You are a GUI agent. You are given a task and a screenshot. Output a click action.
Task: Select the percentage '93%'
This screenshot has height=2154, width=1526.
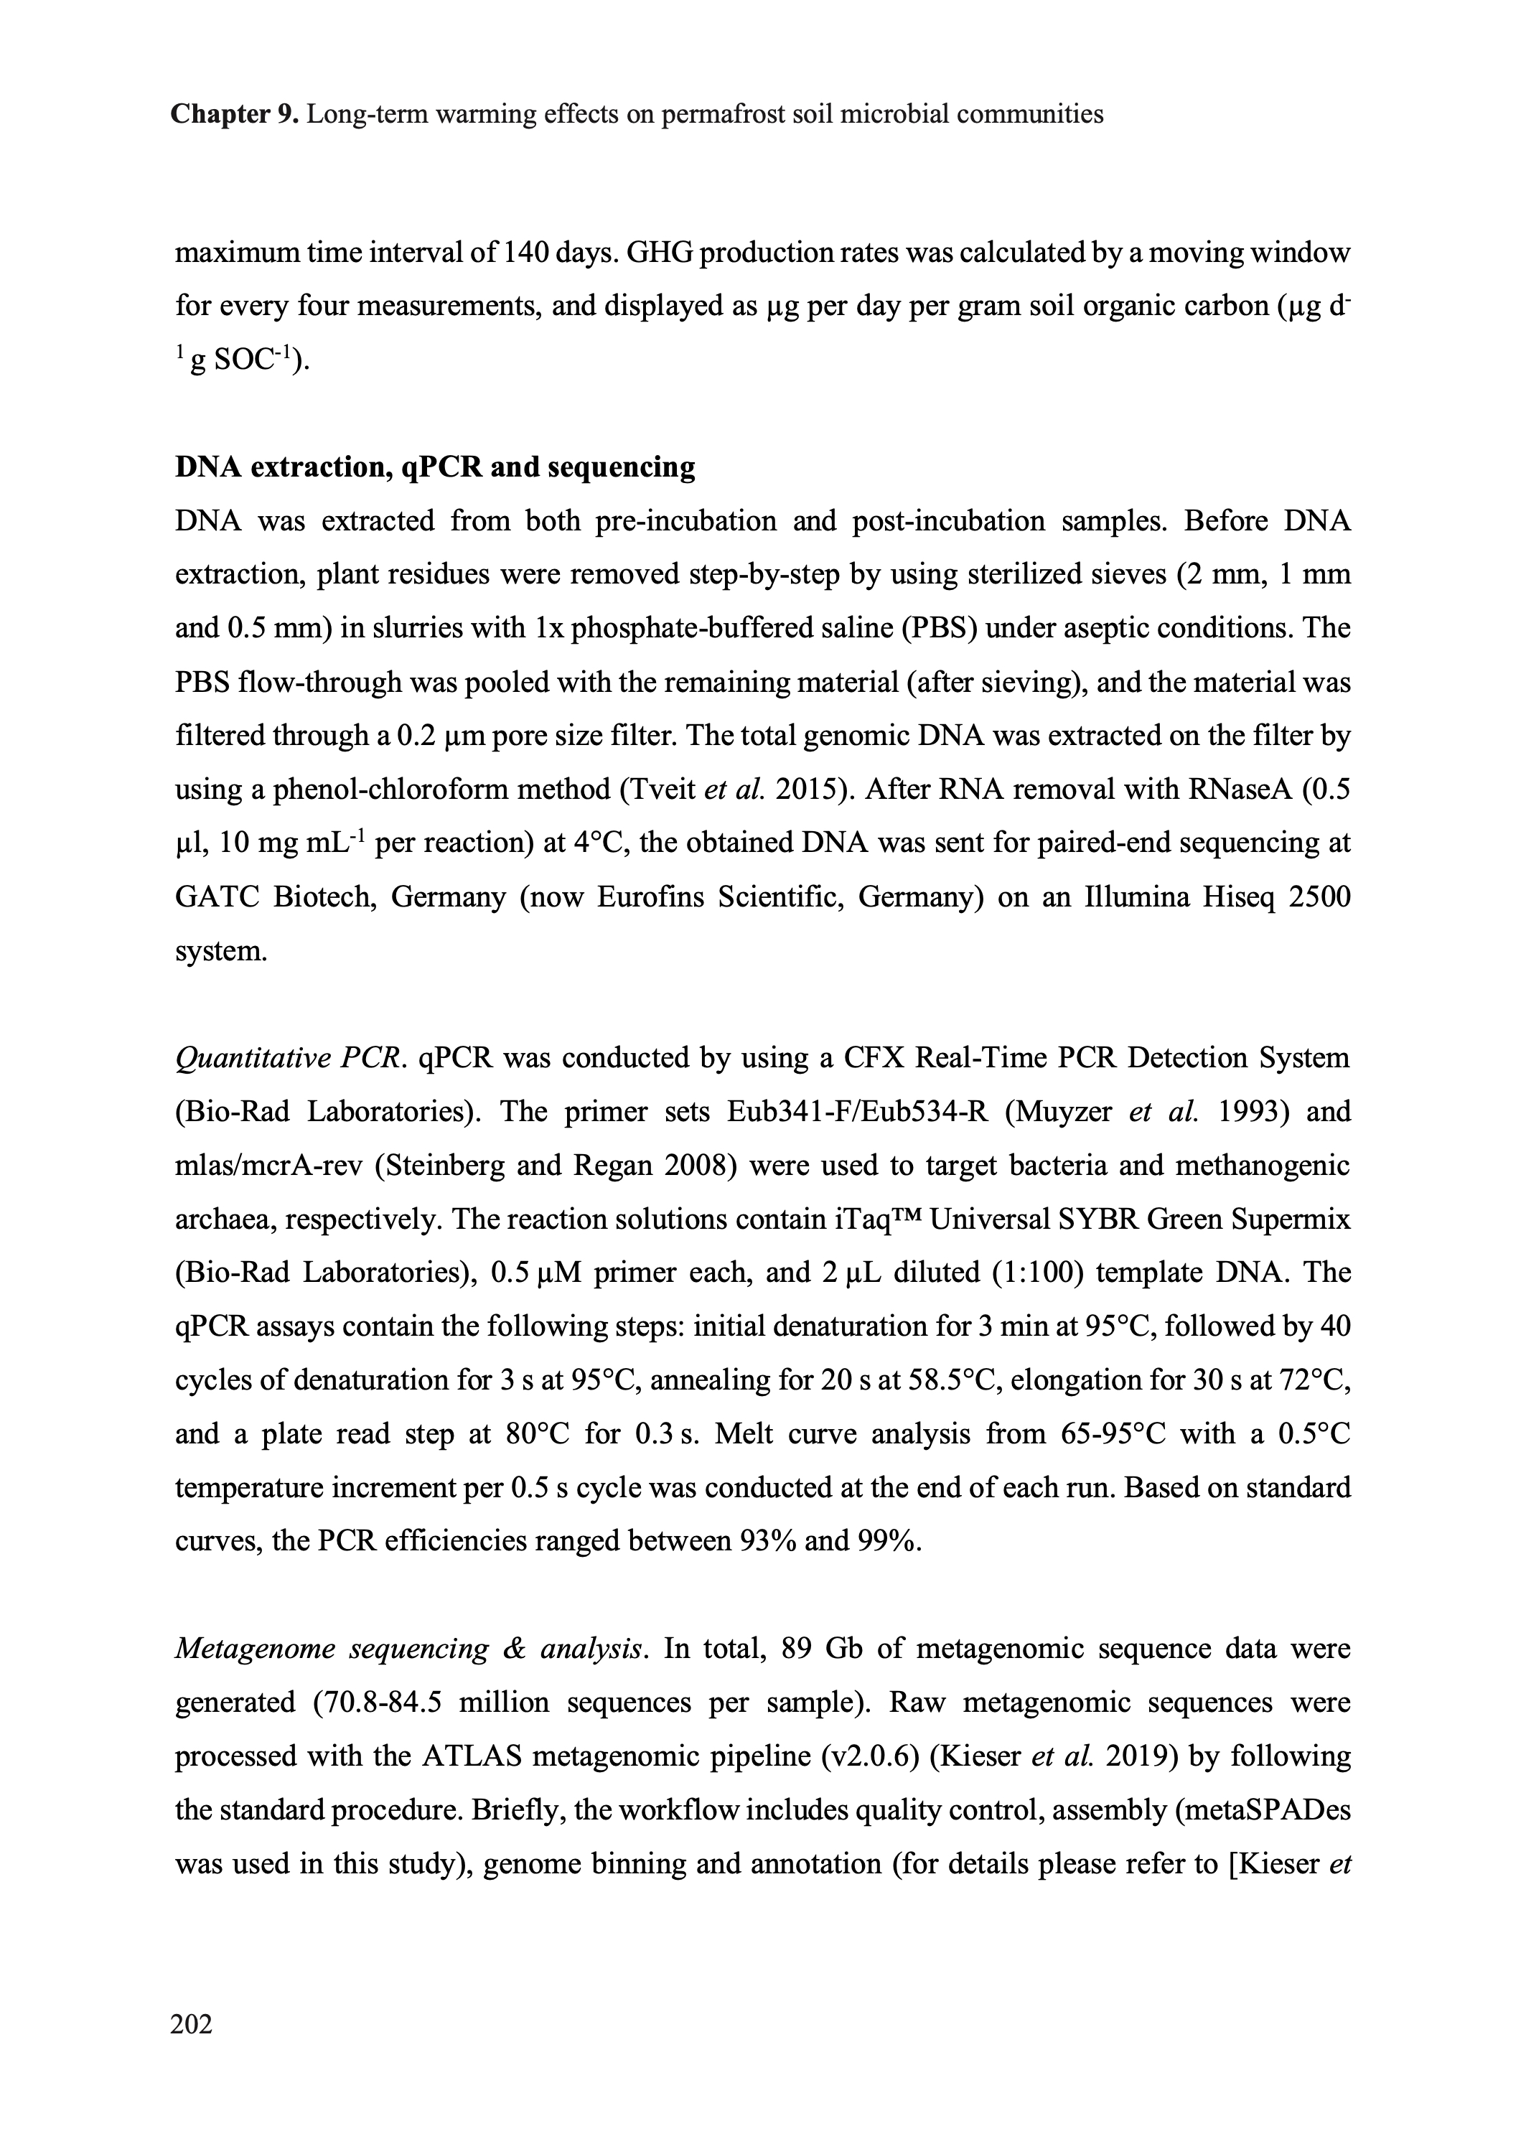(x=769, y=1542)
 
